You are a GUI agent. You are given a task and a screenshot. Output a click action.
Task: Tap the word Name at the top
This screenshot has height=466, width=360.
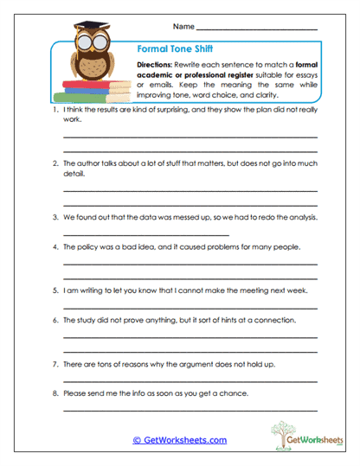tap(184, 27)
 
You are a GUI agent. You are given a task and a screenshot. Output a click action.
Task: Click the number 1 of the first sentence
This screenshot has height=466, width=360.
tap(55, 112)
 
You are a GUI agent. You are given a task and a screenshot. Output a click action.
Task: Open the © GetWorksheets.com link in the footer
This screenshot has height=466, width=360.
tap(179, 440)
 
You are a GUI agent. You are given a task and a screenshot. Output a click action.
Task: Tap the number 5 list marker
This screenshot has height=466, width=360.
tap(55, 292)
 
